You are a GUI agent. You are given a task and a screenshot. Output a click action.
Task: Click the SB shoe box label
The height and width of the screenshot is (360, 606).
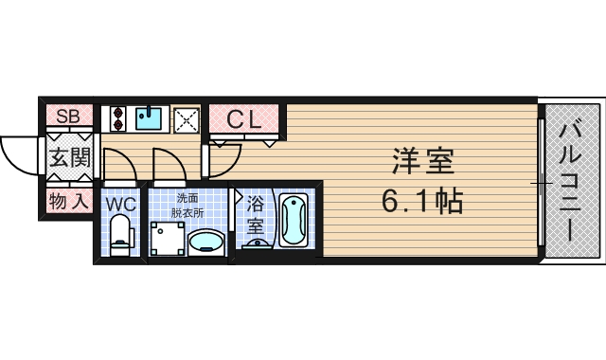click(67, 117)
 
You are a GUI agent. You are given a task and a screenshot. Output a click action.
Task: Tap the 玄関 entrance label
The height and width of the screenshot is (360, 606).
click(68, 158)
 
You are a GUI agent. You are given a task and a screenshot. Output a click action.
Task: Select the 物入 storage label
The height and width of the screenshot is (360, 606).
click(68, 201)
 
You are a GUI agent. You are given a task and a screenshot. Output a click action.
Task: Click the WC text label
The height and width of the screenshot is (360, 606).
click(120, 204)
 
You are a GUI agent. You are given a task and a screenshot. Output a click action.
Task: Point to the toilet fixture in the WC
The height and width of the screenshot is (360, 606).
click(120, 235)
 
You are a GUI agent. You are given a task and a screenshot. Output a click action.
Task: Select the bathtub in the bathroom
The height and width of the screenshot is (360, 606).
click(294, 221)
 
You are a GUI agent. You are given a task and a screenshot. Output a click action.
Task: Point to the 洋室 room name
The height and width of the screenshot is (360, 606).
click(423, 162)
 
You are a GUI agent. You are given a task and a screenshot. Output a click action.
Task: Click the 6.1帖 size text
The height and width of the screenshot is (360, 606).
click(423, 201)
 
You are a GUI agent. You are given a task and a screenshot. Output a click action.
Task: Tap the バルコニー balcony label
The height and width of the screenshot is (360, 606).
click(572, 180)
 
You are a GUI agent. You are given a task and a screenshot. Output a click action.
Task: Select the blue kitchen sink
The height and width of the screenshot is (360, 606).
click(149, 117)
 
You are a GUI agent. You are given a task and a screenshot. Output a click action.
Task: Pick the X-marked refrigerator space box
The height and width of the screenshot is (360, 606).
click(186, 119)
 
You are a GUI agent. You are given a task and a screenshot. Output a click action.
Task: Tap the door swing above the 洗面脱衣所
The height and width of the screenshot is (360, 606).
click(167, 165)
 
